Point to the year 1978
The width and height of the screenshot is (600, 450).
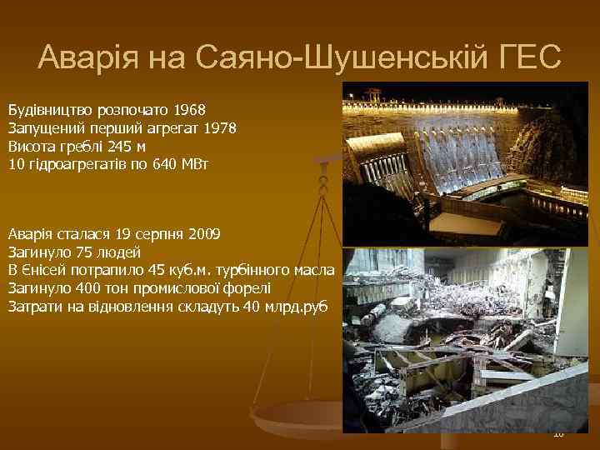tap(219, 128)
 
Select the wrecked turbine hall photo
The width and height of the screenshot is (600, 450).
tap(467, 337)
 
